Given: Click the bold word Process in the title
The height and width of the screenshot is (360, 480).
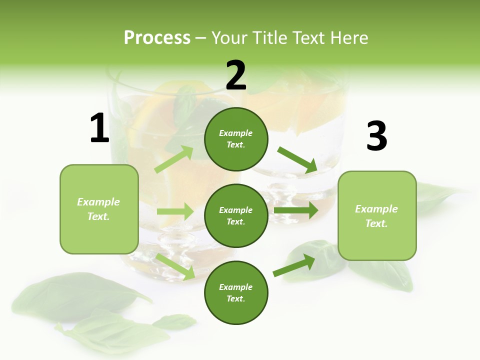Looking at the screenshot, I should click(x=157, y=38).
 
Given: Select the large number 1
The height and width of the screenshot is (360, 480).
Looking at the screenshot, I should click(x=99, y=128).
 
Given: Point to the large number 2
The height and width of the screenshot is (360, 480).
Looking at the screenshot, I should click(x=236, y=75).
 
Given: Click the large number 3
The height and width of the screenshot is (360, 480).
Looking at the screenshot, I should click(x=376, y=136).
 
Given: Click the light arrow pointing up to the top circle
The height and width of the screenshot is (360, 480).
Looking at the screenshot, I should click(x=174, y=159).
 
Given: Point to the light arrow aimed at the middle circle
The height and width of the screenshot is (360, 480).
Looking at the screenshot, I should click(x=175, y=211).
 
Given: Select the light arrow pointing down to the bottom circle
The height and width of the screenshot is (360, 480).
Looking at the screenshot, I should click(x=175, y=266).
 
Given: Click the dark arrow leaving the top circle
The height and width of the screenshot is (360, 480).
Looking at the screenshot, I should click(x=297, y=159).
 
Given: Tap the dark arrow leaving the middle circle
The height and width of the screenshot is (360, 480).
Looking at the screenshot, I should click(x=296, y=210).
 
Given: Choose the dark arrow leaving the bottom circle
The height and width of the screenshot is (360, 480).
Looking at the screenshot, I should click(x=294, y=265).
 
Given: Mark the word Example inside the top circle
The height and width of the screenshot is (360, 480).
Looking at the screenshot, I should click(x=236, y=133).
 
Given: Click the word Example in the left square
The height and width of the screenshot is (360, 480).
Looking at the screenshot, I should click(x=98, y=202).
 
